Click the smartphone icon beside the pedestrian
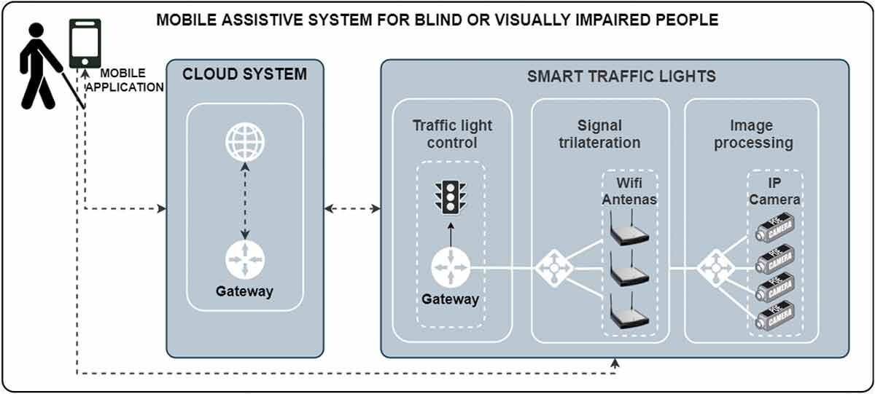click(x=85, y=42)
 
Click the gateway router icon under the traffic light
click(x=450, y=267)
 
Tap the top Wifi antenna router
click(x=629, y=231)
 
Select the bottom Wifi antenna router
click(x=629, y=315)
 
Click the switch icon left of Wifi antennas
click(x=554, y=268)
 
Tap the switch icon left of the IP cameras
click(x=715, y=268)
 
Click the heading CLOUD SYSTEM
click(x=244, y=74)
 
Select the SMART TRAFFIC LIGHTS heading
click(x=622, y=76)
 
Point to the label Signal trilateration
click(x=599, y=134)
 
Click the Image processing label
click(x=753, y=134)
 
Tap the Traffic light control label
click(x=452, y=134)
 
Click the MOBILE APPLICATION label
click(x=124, y=80)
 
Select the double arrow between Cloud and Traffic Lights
click(x=352, y=209)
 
